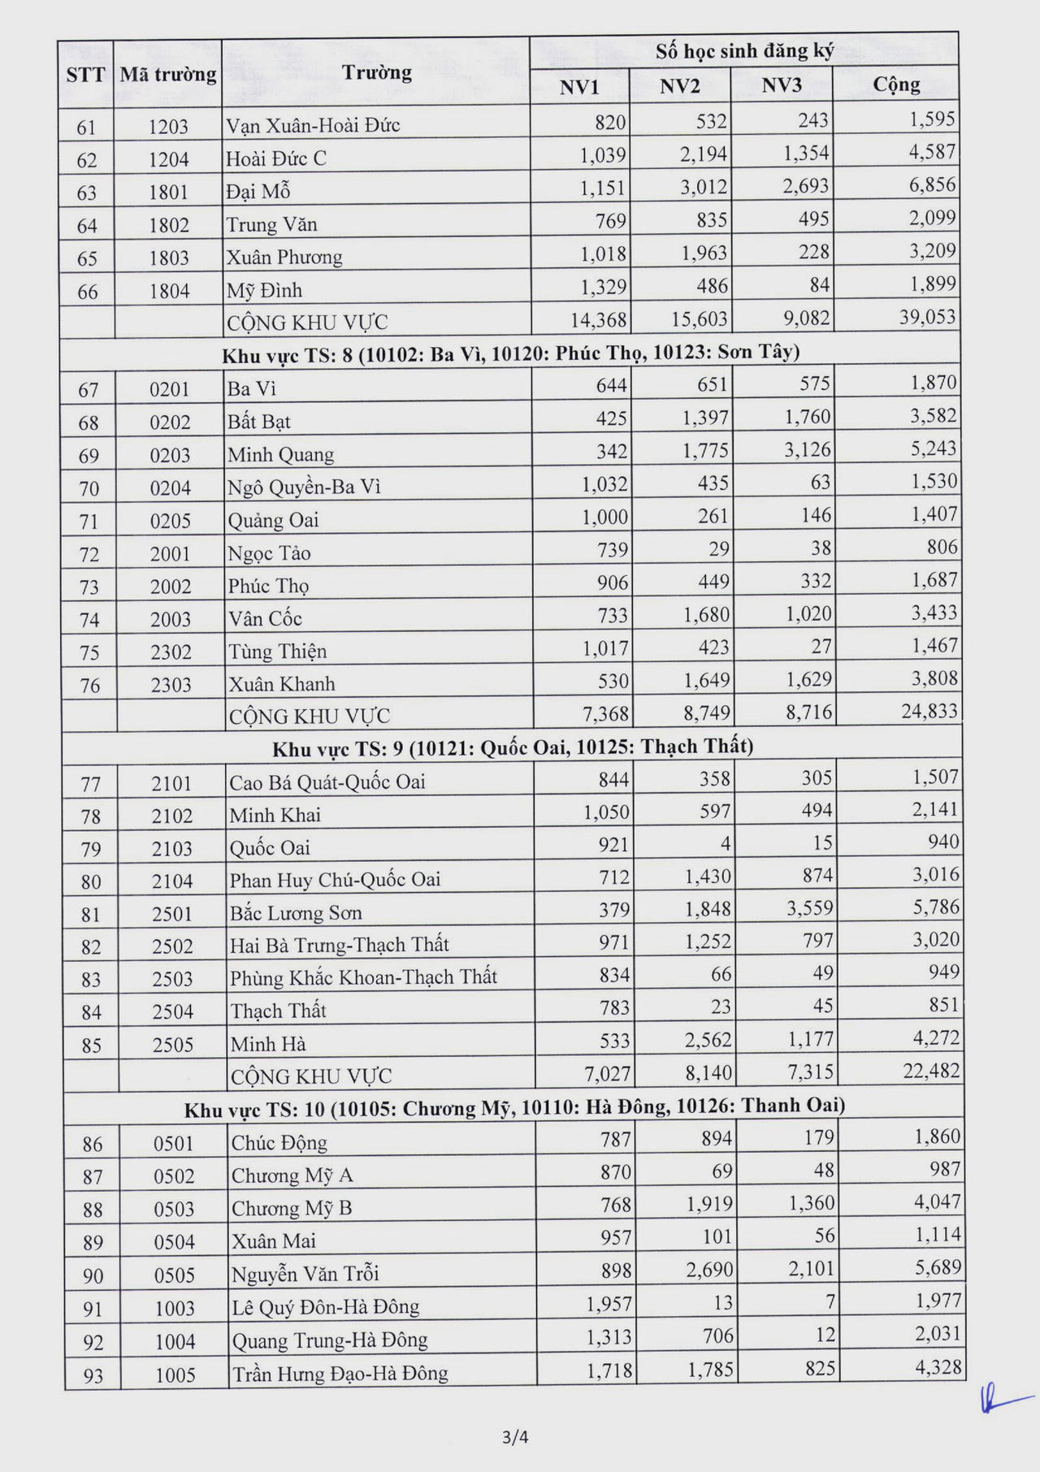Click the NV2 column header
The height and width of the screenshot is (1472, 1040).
point(679,86)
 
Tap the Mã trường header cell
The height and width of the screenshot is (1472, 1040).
point(168,75)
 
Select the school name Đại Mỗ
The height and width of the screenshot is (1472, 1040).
point(258,191)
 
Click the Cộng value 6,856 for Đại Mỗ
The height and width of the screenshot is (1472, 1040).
point(932,185)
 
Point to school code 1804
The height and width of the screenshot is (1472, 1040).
point(169,291)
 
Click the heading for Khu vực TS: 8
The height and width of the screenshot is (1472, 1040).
point(511,353)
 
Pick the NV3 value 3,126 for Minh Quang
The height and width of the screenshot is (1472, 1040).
point(808,449)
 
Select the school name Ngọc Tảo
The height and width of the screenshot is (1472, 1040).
point(269,553)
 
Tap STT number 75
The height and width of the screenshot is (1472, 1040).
point(89,652)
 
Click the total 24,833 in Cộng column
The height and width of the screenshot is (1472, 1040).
point(929,712)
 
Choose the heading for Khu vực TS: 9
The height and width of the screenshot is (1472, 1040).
point(513,747)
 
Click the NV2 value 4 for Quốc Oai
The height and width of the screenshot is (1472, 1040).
point(725,844)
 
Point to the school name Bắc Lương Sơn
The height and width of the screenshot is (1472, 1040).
point(296,913)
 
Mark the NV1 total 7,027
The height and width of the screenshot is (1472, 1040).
point(607,1073)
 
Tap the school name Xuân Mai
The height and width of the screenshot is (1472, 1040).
point(274,1241)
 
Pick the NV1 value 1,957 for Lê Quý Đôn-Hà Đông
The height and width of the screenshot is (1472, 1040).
point(609,1304)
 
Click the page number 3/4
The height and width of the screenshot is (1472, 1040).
point(516,1437)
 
